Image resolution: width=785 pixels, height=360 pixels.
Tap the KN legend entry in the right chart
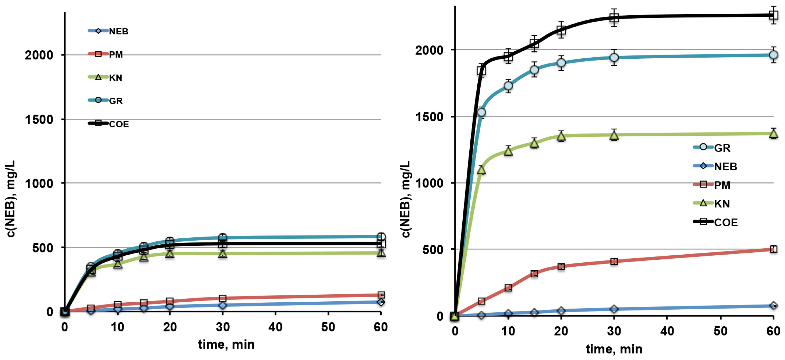722,204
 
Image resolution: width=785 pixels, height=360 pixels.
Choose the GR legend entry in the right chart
722,148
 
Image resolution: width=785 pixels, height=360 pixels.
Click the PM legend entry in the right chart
722,185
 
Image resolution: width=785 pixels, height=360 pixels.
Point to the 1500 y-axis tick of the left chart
39,119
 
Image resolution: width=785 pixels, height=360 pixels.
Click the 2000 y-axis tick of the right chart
429,50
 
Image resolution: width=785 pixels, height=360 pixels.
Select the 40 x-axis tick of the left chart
275,327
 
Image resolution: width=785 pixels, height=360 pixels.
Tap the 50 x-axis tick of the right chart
720,331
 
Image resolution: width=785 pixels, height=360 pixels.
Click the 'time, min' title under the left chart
226,344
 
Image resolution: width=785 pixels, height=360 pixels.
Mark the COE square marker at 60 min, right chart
773,15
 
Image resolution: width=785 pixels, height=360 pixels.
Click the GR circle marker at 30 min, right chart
614,57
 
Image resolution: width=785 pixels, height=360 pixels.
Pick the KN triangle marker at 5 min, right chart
482,170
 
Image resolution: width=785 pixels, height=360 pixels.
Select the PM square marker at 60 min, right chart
773,249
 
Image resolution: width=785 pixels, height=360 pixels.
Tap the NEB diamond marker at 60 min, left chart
381,302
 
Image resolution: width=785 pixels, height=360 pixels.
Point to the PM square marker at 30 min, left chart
223,298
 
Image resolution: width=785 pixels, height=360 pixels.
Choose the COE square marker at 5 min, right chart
482,71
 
